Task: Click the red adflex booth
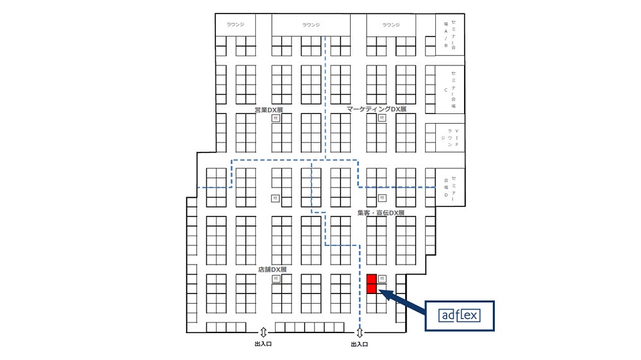[371, 284]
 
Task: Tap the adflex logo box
[460, 315]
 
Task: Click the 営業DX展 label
[269, 110]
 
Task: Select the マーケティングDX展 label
[377, 110]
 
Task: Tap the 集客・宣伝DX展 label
[381, 212]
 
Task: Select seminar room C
[450, 90]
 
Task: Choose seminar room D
[450, 188]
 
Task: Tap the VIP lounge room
[450, 138]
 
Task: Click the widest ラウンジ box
[311, 25]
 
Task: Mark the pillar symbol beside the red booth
[382, 279]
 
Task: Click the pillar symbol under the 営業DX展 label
[276, 119]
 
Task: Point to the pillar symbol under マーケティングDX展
[382, 119]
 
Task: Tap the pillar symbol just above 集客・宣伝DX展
[382, 198]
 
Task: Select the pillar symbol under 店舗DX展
[276, 279]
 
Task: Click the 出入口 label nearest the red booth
[360, 345]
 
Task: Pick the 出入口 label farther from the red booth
[263, 345]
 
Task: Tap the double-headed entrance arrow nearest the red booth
[360, 332]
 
